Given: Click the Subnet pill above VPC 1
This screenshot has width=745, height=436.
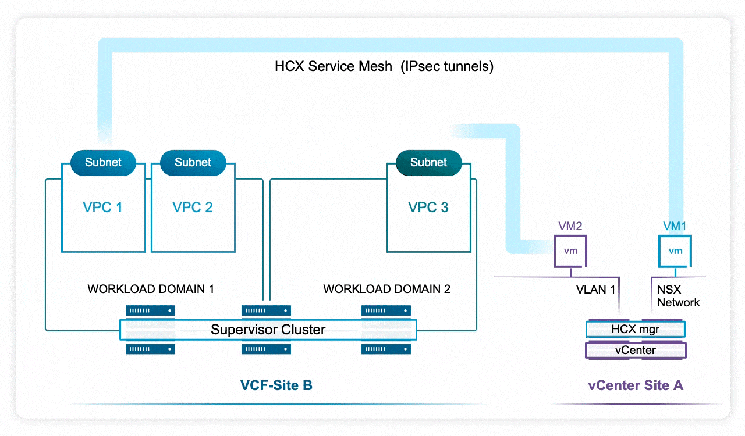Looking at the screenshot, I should pyautogui.click(x=103, y=162).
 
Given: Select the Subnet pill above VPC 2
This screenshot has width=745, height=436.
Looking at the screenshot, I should pyautogui.click(x=193, y=162).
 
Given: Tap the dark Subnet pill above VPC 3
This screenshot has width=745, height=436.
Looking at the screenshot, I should pyautogui.click(x=428, y=162).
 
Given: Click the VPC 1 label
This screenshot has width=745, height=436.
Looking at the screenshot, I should pyautogui.click(x=102, y=208).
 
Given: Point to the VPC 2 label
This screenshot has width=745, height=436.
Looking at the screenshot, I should pyautogui.click(x=193, y=208).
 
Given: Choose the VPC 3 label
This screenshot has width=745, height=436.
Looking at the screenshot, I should pyautogui.click(x=428, y=208).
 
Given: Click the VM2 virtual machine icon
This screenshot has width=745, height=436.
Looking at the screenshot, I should pyautogui.click(x=570, y=251).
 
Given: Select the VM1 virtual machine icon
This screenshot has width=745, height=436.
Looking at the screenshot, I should pyautogui.click(x=675, y=251).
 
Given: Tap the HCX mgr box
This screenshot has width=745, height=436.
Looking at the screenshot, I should pyautogui.click(x=635, y=330).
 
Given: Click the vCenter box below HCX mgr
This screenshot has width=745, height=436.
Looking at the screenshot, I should pyautogui.click(x=635, y=351).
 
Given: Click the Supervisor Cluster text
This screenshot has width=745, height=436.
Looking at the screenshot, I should pyautogui.click(x=268, y=330).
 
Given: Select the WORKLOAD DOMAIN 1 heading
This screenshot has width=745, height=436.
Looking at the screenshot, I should pyautogui.click(x=151, y=289).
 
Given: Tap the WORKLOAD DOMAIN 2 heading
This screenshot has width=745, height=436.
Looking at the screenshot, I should pyautogui.click(x=386, y=289).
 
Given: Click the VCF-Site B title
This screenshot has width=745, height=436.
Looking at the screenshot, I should pyautogui.click(x=276, y=385).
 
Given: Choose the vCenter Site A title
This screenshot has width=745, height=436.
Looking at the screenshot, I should pyautogui.click(x=636, y=385).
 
